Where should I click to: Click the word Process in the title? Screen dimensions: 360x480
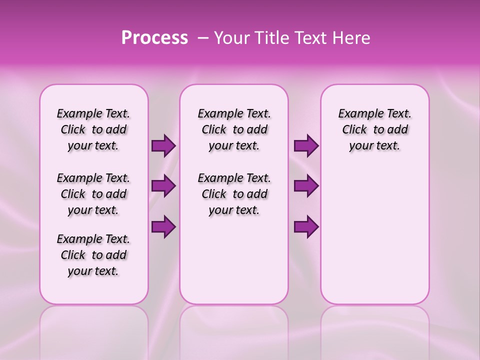[154, 38]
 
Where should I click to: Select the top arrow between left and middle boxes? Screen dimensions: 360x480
[163, 145]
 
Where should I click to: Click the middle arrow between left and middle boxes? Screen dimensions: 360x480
[163, 186]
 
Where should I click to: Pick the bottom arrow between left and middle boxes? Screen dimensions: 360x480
[163, 226]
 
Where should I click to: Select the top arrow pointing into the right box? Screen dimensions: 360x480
[306, 145]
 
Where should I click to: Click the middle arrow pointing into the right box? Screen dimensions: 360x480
[306, 186]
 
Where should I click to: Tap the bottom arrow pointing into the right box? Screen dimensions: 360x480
[306, 226]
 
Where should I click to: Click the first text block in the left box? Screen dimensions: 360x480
[93, 129]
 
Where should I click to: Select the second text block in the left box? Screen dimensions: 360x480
[93, 194]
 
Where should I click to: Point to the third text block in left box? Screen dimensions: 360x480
[93, 255]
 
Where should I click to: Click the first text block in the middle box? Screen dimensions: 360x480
[234, 129]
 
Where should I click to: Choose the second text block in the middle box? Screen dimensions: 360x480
[234, 194]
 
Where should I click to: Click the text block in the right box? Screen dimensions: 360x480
[374, 129]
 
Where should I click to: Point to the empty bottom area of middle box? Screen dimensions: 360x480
[234, 265]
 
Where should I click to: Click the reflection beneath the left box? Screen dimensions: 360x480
[93, 325]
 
